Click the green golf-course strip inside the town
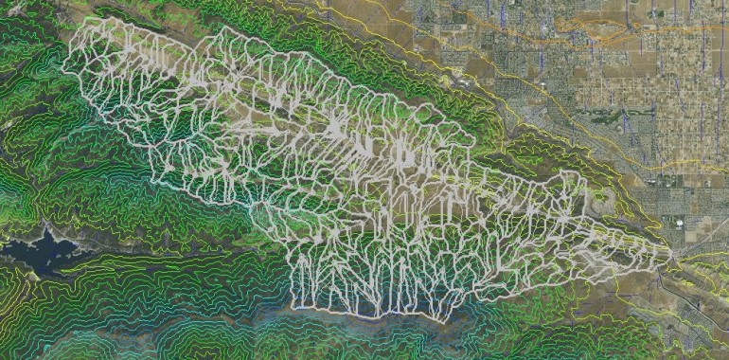tap(606, 118)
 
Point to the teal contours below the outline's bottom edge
tap(379, 332)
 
